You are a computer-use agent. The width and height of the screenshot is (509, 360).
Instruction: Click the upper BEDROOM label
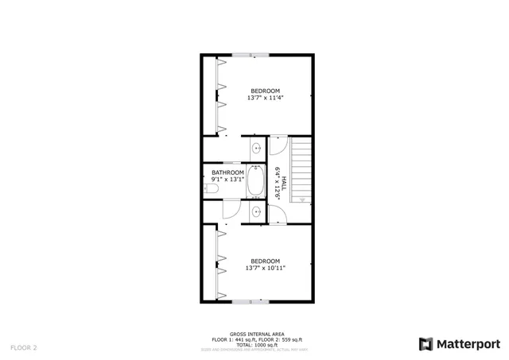pos(265,90)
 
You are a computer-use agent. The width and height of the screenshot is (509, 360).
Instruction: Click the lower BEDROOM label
pos(265,261)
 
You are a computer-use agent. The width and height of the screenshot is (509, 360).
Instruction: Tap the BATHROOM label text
pos(227,172)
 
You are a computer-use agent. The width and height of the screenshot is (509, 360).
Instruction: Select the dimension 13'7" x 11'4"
pos(265,98)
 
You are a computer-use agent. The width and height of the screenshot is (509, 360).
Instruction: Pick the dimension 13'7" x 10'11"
pos(265,269)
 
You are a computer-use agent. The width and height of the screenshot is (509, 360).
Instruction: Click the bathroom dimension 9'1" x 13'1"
pos(227,180)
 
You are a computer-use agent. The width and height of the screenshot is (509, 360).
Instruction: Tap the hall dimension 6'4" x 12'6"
pos(277,182)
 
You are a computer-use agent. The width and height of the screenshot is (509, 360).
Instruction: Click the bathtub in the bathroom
pos(256,182)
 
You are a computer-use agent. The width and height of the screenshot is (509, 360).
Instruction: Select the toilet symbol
pos(211,188)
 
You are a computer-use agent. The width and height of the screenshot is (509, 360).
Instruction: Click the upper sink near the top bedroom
pos(256,149)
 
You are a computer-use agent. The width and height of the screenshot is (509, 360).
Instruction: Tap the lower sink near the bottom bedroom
pos(256,211)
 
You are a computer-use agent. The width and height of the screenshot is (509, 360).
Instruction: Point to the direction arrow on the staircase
pos(301,196)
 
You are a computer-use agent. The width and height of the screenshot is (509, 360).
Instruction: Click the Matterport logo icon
pos(425,343)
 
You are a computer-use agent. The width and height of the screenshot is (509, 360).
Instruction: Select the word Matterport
pos(469,343)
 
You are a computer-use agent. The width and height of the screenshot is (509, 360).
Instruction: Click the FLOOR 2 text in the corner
pos(23,347)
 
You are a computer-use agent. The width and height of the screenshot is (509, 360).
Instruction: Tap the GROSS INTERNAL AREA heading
pos(254,334)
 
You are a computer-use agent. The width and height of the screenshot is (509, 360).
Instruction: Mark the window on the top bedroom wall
pos(251,55)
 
